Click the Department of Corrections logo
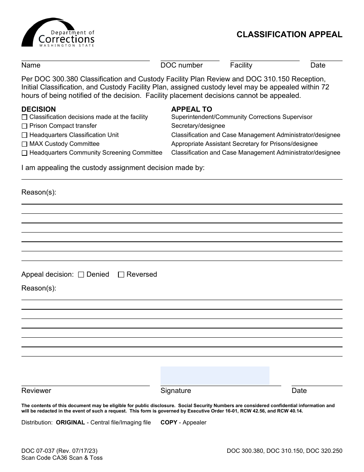click(58, 33)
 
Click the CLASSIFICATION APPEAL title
click(289, 35)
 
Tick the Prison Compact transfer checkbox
click(25, 126)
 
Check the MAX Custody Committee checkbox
click(25, 144)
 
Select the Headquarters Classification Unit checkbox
click(25, 135)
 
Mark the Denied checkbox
click(81, 275)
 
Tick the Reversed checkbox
click(121, 275)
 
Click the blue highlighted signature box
click(215, 376)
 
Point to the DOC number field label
click(182, 65)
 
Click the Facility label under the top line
click(241, 65)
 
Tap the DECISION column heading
click(38, 109)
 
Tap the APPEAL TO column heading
click(192, 109)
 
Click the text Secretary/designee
click(198, 126)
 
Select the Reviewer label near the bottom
click(36, 391)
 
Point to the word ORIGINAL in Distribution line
click(71, 422)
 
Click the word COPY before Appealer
click(169, 422)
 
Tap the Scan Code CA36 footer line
click(62, 458)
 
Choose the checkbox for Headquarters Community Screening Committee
click(25, 153)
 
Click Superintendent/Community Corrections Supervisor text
click(242, 117)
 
